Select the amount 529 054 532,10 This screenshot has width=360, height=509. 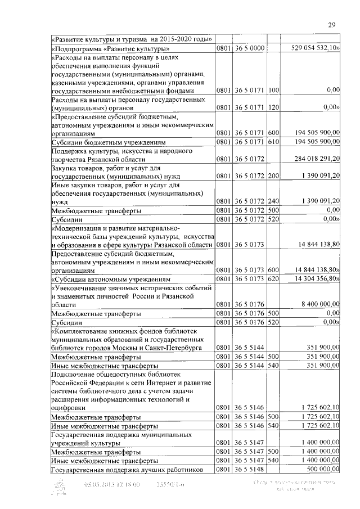coord(315,48)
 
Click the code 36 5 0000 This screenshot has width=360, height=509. coord(249,48)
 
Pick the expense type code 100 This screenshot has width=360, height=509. coord(274,90)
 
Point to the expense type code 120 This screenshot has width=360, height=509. coord(274,106)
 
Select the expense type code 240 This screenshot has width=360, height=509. coord(274,201)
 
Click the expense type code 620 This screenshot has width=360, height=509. coord(274,278)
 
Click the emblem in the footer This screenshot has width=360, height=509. coord(60,487)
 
